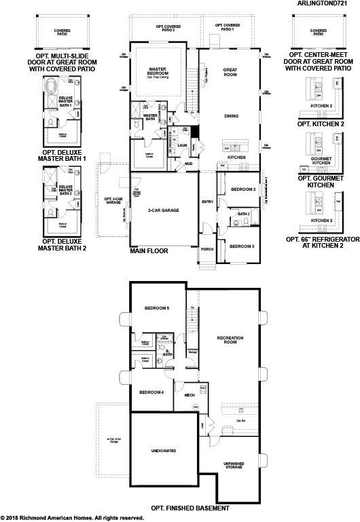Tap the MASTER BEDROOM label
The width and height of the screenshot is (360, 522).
pyautogui.click(x=158, y=71)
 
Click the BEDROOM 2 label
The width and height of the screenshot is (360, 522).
pyautogui.click(x=242, y=189)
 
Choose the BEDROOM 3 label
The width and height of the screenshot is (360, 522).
pyautogui.click(x=242, y=246)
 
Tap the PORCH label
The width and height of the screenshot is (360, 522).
pyautogui.click(x=207, y=249)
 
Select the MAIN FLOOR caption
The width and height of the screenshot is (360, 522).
pyautogui.click(x=149, y=251)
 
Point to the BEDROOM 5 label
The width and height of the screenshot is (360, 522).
pyautogui.click(x=156, y=308)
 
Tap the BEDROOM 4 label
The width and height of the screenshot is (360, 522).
pyautogui.click(x=151, y=392)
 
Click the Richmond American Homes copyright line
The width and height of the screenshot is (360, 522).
pyautogui.click(x=72, y=518)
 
